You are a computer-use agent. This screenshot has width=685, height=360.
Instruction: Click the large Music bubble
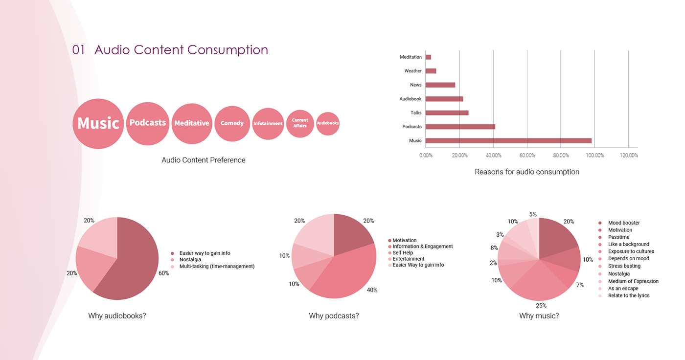[x=98, y=123]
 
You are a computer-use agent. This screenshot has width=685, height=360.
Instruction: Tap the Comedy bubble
[x=232, y=123]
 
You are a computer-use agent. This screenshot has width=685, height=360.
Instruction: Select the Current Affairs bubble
[x=300, y=123]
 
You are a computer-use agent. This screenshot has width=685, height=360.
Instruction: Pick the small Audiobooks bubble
[x=328, y=124]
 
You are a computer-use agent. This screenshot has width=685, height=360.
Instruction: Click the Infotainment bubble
[x=268, y=124]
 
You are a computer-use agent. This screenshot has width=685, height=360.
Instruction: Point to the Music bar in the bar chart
[x=508, y=141]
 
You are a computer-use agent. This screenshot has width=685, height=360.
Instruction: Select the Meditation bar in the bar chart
[x=429, y=57]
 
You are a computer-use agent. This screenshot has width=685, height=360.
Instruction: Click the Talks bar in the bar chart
[x=447, y=113]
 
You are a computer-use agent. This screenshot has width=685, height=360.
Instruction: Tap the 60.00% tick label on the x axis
[x=527, y=156]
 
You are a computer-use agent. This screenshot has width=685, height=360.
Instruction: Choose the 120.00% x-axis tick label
[x=629, y=156]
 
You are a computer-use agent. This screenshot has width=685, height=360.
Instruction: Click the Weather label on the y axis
[x=413, y=71]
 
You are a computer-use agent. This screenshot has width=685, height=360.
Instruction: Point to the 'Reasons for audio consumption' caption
[x=527, y=172]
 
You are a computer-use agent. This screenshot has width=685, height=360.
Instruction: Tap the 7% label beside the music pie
[x=579, y=285]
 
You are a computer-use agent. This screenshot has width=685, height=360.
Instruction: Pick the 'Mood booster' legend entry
[x=623, y=223]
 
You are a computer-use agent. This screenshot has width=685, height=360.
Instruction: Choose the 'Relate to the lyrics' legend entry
[x=628, y=295]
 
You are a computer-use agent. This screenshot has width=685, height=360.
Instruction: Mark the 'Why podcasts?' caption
[x=334, y=316]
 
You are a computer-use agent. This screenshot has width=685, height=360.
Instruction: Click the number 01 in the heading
[x=79, y=50]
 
